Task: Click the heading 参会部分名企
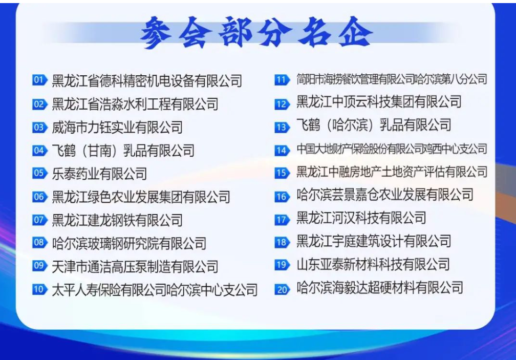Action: (x=256, y=32)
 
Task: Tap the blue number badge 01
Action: (x=40, y=80)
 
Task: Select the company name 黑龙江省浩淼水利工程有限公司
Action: (x=135, y=104)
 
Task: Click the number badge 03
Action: (x=40, y=127)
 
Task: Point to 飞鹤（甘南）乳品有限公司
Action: (x=123, y=151)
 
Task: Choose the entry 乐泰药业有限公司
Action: (x=99, y=174)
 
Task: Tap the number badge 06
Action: (x=40, y=197)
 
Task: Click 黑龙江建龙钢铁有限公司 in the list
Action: (x=117, y=220)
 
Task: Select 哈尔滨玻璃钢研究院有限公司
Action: (x=129, y=243)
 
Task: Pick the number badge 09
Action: (x=40, y=266)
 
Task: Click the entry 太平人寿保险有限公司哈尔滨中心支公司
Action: (x=155, y=289)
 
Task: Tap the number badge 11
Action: (x=282, y=80)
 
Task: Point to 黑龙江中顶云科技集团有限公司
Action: (x=379, y=102)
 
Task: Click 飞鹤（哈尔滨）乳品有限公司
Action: (x=374, y=125)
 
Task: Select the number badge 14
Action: (x=282, y=151)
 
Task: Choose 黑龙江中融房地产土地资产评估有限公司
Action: (x=392, y=172)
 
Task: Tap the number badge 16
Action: (x=282, y=197)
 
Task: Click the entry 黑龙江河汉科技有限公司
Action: (x=361, y=218)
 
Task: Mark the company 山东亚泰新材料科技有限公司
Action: (x=373, y=264)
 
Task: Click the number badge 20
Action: (x=282, y=289)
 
